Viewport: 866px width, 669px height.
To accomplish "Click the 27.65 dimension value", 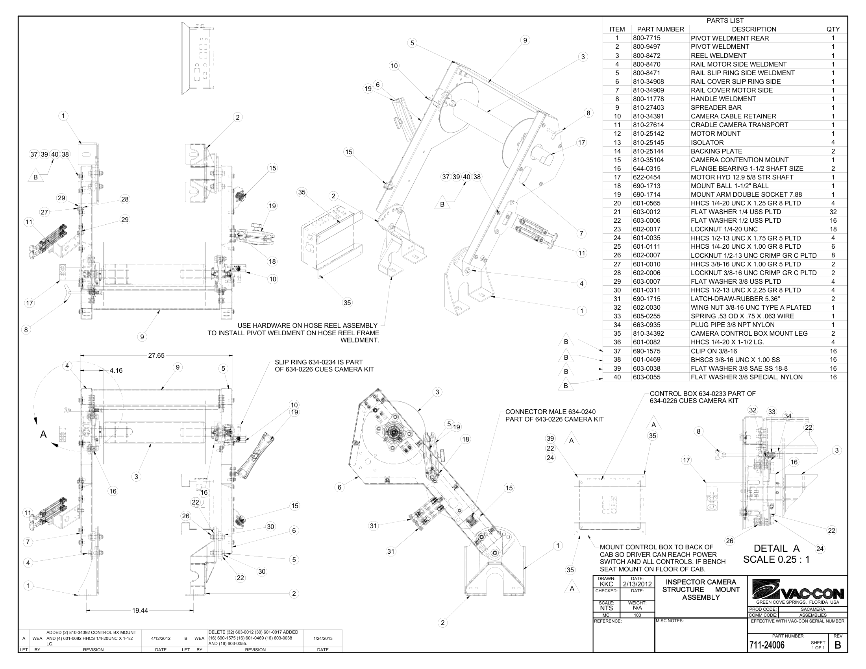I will coord(156,355).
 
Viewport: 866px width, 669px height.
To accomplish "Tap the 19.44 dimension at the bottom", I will coord(140,610).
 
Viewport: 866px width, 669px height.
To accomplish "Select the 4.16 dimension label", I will coord(116,371).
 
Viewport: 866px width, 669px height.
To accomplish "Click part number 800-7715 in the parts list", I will coord(646,38).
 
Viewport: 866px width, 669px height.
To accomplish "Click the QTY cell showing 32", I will coord(833,212).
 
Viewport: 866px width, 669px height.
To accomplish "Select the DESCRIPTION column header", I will coord(754,30).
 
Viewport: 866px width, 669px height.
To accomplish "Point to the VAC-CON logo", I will coord(798,591).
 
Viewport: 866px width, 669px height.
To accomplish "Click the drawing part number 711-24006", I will coord(766,645).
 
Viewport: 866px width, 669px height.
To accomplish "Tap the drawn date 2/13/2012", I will coord(637,584).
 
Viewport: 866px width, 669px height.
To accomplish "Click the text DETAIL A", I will coord(776,549).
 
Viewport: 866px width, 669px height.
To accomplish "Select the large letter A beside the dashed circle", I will coord(44,434).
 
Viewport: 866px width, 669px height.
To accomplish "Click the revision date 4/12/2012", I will coord(161,638).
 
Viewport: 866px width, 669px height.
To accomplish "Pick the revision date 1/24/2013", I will coord(323,638).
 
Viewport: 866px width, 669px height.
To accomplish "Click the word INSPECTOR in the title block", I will coord(701,582).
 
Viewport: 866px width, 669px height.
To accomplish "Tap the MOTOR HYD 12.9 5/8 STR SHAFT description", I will coord(742,177).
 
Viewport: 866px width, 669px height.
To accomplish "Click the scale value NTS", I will coord(606,608).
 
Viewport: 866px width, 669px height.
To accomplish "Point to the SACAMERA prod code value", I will coord(812,609).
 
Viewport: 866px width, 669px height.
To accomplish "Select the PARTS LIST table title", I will coord(725,20).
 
